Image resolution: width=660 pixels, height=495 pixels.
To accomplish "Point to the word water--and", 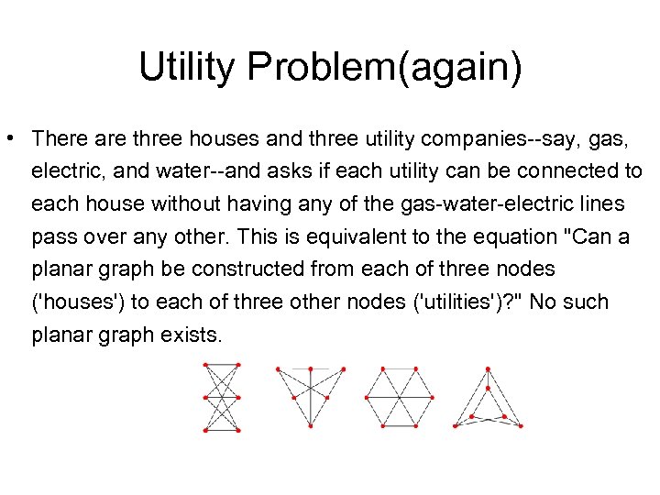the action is coord(169,171).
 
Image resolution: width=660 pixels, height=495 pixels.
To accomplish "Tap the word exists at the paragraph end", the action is coord(189,335).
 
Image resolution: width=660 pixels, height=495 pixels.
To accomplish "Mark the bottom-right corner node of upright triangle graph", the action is coord(521,425).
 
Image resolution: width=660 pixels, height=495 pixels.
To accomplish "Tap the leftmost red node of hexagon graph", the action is coord(366,398).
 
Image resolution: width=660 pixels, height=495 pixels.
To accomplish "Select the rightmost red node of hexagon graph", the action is coord(433,398).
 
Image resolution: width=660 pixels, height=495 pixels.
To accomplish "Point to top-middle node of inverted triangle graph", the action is coord(310,368).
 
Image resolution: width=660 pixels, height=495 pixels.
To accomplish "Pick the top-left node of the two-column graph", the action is coord(204,365).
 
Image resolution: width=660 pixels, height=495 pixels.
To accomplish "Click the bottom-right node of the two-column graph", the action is coord(237,430).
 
